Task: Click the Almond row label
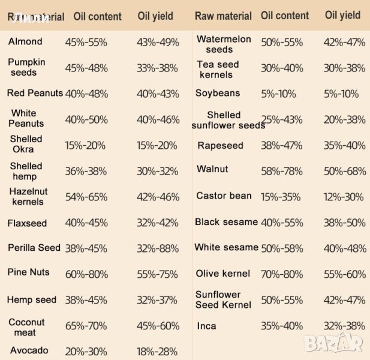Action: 25,41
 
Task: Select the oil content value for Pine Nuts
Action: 87,274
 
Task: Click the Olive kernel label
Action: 223,274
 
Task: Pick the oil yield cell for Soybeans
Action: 341,94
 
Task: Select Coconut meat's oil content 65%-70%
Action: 86,326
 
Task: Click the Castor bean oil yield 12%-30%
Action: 344,197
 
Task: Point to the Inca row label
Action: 206,326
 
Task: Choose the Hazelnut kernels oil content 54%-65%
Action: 86,197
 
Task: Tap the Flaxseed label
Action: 27,223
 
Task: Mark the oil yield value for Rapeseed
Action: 344,145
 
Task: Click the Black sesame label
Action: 226,222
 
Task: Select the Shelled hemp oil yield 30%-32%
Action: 157,171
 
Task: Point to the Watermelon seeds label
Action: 224,44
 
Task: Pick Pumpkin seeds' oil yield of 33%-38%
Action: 158,68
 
